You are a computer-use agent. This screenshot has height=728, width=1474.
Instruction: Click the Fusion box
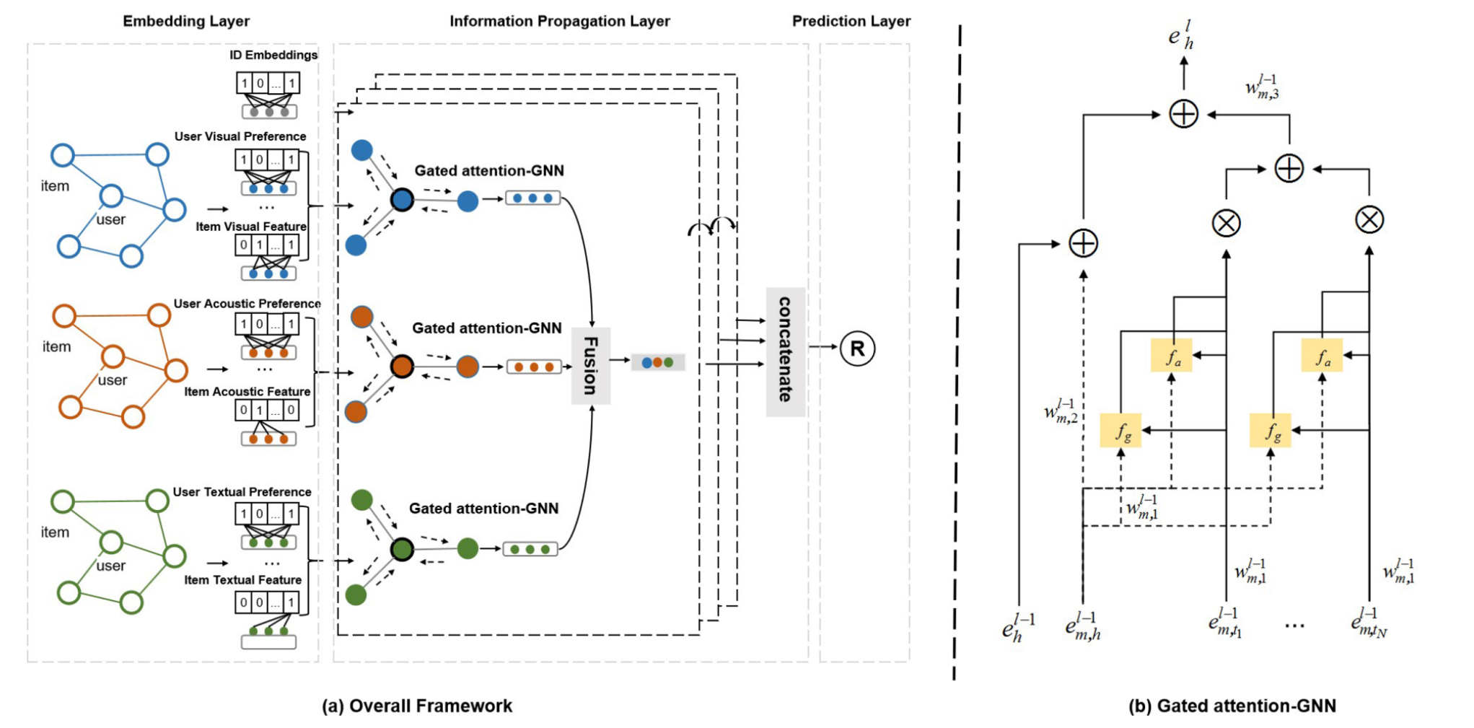590,365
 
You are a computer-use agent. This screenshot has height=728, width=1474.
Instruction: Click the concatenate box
785,351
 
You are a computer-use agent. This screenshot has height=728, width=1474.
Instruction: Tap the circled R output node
857,349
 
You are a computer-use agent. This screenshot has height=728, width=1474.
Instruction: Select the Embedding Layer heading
186,21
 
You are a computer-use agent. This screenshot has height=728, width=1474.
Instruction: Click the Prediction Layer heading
851,21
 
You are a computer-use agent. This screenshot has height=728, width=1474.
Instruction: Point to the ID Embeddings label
273,55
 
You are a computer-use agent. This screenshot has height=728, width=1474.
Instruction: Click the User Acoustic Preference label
247,304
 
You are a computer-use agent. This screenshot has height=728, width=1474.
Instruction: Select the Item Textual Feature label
242,580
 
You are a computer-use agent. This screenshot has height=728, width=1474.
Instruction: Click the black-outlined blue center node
402,200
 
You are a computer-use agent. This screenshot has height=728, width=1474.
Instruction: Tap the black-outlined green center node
402,550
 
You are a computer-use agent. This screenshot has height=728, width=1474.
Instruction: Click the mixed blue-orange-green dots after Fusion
657,362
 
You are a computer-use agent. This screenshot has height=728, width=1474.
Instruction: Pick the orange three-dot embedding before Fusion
534,367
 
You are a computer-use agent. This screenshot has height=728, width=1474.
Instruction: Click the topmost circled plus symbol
1183,114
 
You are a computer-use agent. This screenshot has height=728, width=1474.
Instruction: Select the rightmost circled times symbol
1369,219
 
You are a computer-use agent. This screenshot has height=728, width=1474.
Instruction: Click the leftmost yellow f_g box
1120,431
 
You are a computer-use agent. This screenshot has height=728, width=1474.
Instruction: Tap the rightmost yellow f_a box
1322,356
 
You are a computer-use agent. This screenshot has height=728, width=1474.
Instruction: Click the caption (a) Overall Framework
416,706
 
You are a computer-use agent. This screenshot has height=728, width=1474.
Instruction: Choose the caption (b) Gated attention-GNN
1232,706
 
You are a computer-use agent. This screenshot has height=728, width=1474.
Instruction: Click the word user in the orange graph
113,380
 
